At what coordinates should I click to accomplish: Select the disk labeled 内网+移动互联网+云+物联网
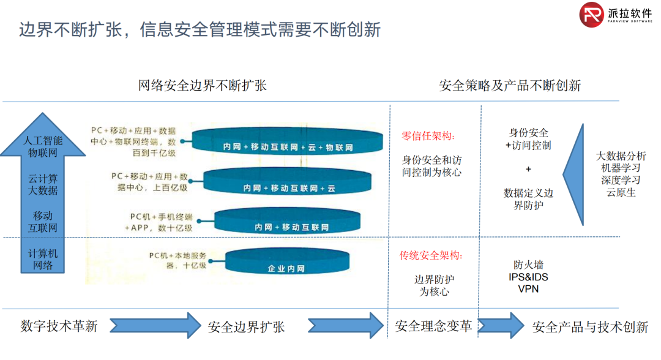pyautogui.click(x=288, y=142)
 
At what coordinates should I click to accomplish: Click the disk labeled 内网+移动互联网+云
pyautogui.click(x=287, y=182)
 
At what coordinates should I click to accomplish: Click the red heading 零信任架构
pyautogui.click(x=428, y=136)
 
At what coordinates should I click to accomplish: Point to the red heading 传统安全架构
pyautogui.click(x=431, y=255)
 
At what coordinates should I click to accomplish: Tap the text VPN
pyautogui.click(x=528, y=288)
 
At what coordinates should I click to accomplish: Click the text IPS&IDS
pyautogui.click(x=528, y=277)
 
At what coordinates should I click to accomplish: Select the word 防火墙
pyautogui.click(x=528, y=265)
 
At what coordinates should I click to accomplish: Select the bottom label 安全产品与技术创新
pyautogui.click(x=590, y=327)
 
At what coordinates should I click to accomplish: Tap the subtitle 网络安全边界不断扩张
pyautogui.click(x=203, y=85)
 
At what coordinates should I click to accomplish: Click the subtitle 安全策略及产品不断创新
pyautogui.click(x=510, y=85)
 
